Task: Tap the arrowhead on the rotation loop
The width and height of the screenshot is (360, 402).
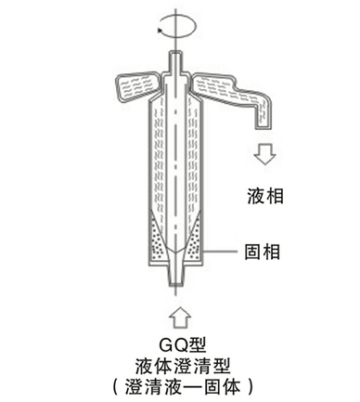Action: click(161, 30)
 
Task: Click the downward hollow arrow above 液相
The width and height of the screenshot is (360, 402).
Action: click(264, 153)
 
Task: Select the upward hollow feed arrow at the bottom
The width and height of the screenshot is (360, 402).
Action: click(181, 318)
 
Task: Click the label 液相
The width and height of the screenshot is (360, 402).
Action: click(265, 196)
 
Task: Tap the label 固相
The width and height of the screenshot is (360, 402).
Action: click(263, 252)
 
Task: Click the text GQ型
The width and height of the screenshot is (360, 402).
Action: click(182, 344)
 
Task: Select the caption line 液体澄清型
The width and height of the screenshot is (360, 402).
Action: click(183, 366)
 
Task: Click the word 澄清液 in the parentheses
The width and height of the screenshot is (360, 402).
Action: click(151, 387)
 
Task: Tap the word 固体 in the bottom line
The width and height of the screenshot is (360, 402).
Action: click(223, 387)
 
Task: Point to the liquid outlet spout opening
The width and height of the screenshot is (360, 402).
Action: click(264, 127)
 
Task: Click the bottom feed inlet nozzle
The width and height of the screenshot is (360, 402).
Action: click(175, 274)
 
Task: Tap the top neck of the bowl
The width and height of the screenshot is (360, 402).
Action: click(175, 63)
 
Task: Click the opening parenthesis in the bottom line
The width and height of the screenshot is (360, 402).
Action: click(115, 387)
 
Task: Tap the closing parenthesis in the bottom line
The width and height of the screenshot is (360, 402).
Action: click(251, 387)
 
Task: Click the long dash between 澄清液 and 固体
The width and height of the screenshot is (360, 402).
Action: click(192, 387)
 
